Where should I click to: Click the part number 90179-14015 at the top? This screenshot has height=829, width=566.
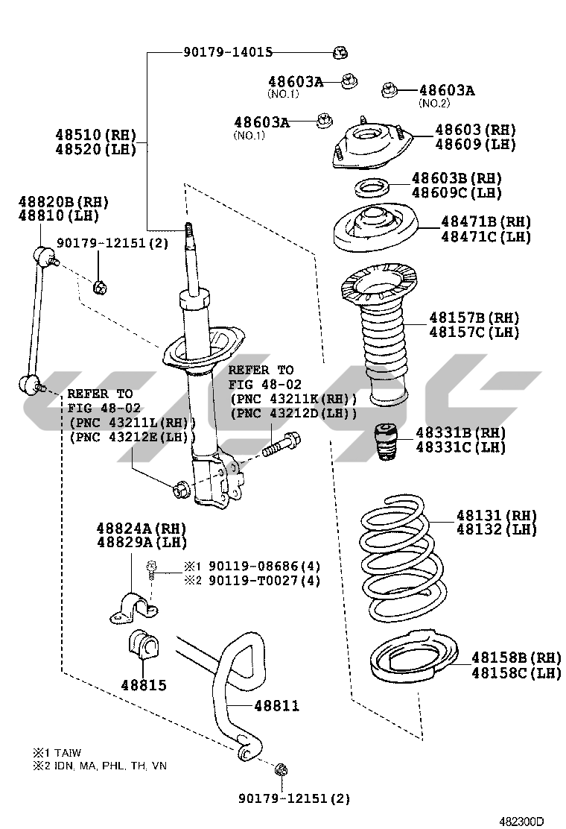[x=228, y=52]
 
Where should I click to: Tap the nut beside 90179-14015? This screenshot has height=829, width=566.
[x=340, y=52]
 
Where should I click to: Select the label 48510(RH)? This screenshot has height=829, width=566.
[x=96, y=135]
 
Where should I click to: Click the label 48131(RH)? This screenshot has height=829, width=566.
[x=496, y=515]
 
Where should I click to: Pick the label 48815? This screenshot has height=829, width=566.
[x=144, y=685]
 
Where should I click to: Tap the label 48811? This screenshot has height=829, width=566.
[x=276, y=705]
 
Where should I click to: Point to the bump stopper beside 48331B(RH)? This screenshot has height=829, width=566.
[x=384, y=443]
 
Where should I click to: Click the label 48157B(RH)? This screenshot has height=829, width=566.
[x=474, y=318]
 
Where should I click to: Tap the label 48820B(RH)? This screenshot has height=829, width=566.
[x=64, y=201]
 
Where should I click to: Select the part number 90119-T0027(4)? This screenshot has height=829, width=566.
[x=264, y=580]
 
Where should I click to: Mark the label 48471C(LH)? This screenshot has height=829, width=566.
[x=486, y=237]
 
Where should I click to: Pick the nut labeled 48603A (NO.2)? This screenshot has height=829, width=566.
[x=388, y=90]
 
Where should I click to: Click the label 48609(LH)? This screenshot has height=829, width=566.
[x=475, y=144]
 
